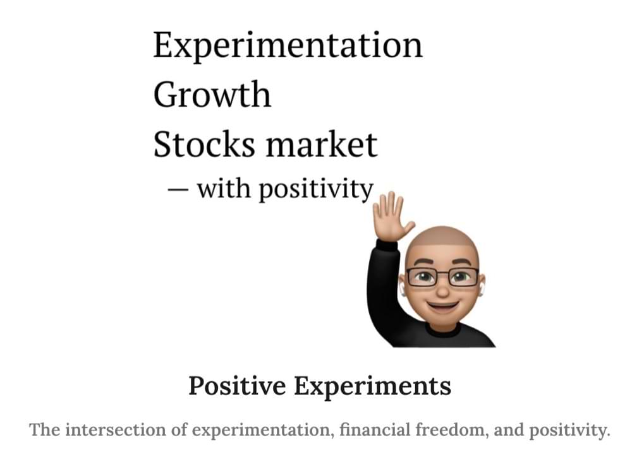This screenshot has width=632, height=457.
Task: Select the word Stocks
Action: tap(204, 143)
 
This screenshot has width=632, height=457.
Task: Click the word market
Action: tap(321, 143)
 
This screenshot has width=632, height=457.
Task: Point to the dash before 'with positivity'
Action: tap(178, 189)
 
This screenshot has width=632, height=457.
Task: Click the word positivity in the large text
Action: tap(315, 189)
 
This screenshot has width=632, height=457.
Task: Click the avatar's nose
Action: tap(442, 289)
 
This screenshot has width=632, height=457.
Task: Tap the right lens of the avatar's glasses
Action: tap(463, 277)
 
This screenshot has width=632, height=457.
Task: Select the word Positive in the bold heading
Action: tap(237, 386)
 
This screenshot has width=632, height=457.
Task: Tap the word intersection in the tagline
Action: tap(114, 430)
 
